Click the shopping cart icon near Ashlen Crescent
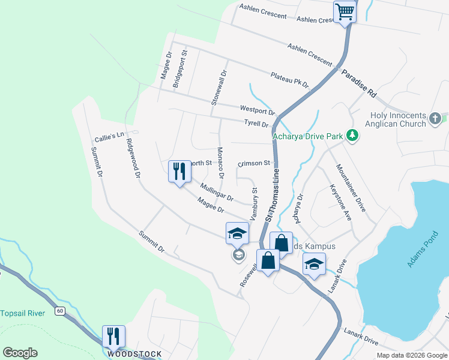[345, 11]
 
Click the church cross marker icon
[436, 119]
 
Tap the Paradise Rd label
[359, 83]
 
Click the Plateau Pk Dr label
[289, 80]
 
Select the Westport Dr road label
[257, 110]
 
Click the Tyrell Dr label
[256, 124]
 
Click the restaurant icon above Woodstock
[113, 337]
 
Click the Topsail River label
[22, 313]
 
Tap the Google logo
[20, 353]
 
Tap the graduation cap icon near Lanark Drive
[314, 265]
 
